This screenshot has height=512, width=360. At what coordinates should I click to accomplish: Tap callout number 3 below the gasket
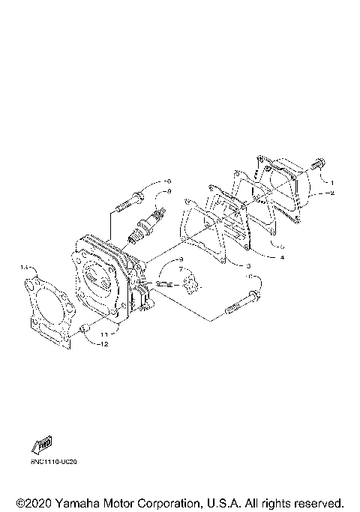(x=246, y=266)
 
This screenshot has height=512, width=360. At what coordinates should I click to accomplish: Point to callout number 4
(x=282, y=257)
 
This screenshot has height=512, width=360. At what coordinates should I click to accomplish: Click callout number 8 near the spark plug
(x=169, y=192)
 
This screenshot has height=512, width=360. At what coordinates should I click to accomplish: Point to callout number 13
(x=25, y=266)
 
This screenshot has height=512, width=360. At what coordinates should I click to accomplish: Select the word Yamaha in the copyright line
(x=79, y=502)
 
